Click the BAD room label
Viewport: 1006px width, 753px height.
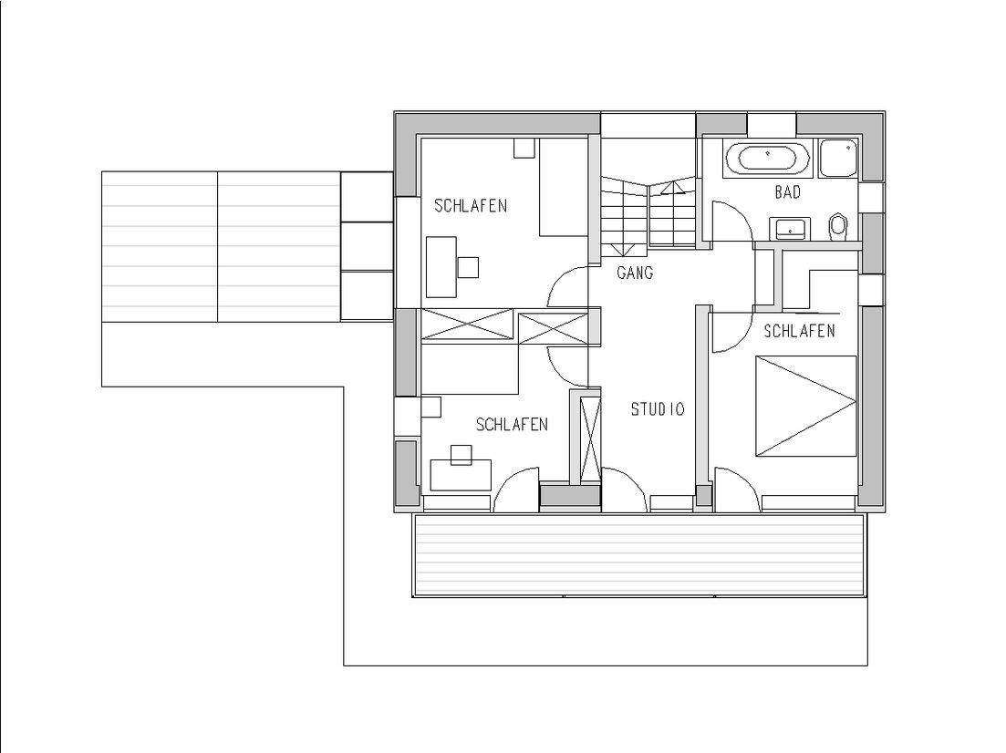pos(787,192)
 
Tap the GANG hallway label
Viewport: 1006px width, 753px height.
pos(635,273)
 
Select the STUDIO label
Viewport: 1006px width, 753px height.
pos(657,409)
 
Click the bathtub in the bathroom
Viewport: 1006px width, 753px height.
pos(767,159)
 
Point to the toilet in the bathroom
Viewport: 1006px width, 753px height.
pos(838,225)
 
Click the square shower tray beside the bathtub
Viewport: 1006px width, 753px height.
pos(837,159)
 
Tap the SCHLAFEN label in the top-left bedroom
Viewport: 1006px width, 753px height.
pos(470,205)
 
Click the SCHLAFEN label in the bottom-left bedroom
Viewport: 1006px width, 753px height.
pos(512,425)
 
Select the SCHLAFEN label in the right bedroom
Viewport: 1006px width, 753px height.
pos(799,331)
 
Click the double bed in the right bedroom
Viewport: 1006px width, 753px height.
pos(805,406)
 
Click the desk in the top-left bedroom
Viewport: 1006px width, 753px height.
pos(441,265)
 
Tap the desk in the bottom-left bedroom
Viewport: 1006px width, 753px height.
pos(461,474)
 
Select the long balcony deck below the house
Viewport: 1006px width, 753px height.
pos(638,553)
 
